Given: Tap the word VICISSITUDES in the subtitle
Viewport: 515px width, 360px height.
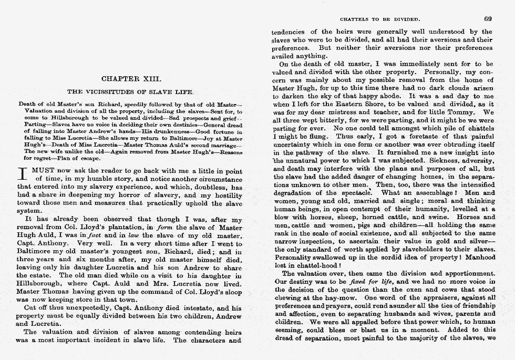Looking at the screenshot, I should pos(112,91).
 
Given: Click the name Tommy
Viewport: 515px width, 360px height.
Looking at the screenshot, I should pos(471,112).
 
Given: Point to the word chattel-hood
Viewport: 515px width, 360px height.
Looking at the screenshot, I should pos(313,266).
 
